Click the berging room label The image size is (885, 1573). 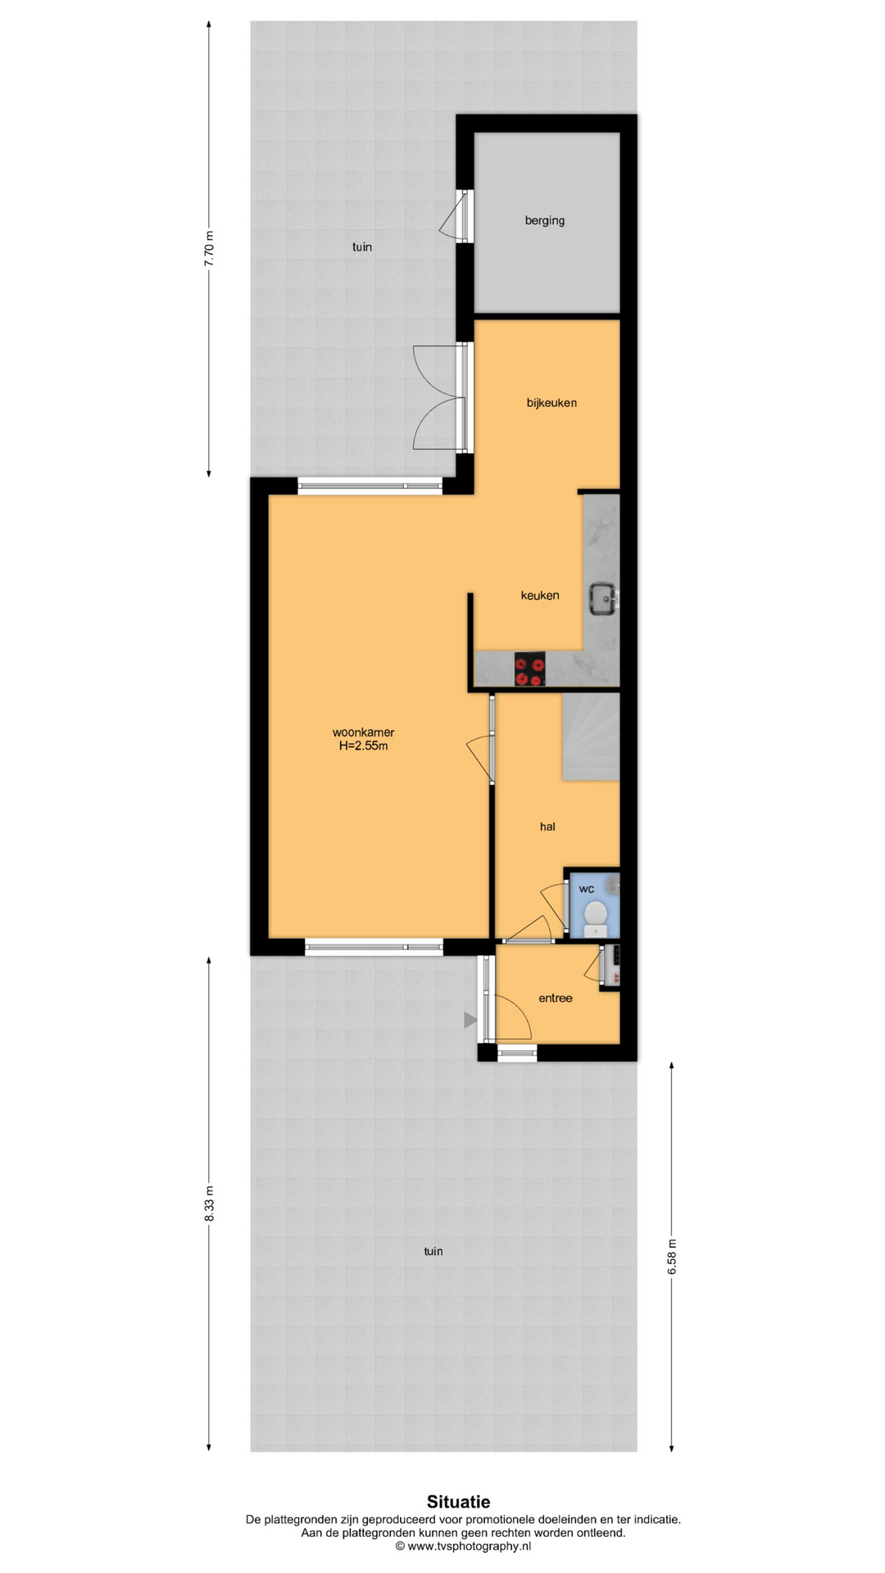[x=545, y=220]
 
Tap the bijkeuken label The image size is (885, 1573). [x=551, y=402]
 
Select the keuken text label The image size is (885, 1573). [x=540, y=595]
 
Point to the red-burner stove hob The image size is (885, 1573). [x=529, y=669]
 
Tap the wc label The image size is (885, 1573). [x=587, y=889]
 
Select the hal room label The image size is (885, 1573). [x=547, y=827]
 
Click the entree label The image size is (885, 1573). [x=556, y=998]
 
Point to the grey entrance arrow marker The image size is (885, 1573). [x=470, y=1020]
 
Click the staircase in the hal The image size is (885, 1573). [x=590, y=737]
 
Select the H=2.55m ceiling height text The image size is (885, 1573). [x=363, y=746]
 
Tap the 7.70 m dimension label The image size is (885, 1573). [x=209, y=248]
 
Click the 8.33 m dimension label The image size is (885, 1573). [x=209, y=1204]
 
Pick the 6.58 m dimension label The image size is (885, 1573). [x=672, y=1256]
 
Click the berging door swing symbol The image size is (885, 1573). [x=453, y=216]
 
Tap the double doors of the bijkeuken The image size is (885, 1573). [x=439, y=397]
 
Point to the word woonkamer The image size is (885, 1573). [x=363, y=732]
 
